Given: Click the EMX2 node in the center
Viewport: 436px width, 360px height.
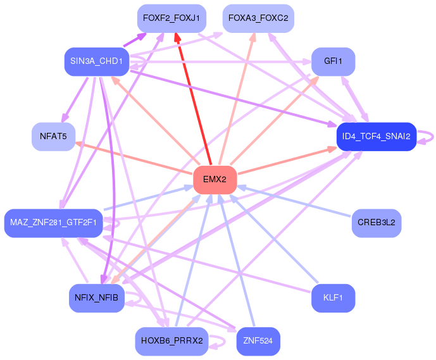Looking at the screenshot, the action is point(215,180).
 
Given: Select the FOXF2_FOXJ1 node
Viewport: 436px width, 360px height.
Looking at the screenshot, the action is point(171,18).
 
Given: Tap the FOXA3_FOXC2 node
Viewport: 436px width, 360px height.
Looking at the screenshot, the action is point(258,18).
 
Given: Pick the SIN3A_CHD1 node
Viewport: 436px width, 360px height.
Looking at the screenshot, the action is point(97,61).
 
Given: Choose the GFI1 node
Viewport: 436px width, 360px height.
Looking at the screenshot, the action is point(333,61).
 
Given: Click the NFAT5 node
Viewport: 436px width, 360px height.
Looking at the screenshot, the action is point(53,137).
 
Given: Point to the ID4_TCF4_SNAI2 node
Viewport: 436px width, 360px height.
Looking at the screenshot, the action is point(377,137).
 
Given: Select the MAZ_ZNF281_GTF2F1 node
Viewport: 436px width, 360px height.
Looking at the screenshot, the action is point(53,223).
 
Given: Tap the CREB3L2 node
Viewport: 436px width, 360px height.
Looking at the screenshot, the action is point(377,223).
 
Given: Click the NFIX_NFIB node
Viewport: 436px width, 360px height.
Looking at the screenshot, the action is point(97,298).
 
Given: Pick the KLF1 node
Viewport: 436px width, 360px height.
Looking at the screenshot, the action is point(333,298).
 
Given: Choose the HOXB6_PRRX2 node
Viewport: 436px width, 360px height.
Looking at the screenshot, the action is point(171,341).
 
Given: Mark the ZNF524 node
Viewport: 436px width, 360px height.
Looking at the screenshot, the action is point(258,341).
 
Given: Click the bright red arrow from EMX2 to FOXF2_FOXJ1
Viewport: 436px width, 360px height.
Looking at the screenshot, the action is point(193,99).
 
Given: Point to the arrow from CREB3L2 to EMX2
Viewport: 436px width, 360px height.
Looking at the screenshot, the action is point(294,201).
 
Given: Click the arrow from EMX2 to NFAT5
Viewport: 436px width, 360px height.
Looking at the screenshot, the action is point(134,157).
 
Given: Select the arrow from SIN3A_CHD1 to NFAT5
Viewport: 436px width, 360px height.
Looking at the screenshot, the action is point(75,99).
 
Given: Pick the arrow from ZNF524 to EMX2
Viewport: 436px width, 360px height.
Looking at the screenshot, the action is point(236,261).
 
